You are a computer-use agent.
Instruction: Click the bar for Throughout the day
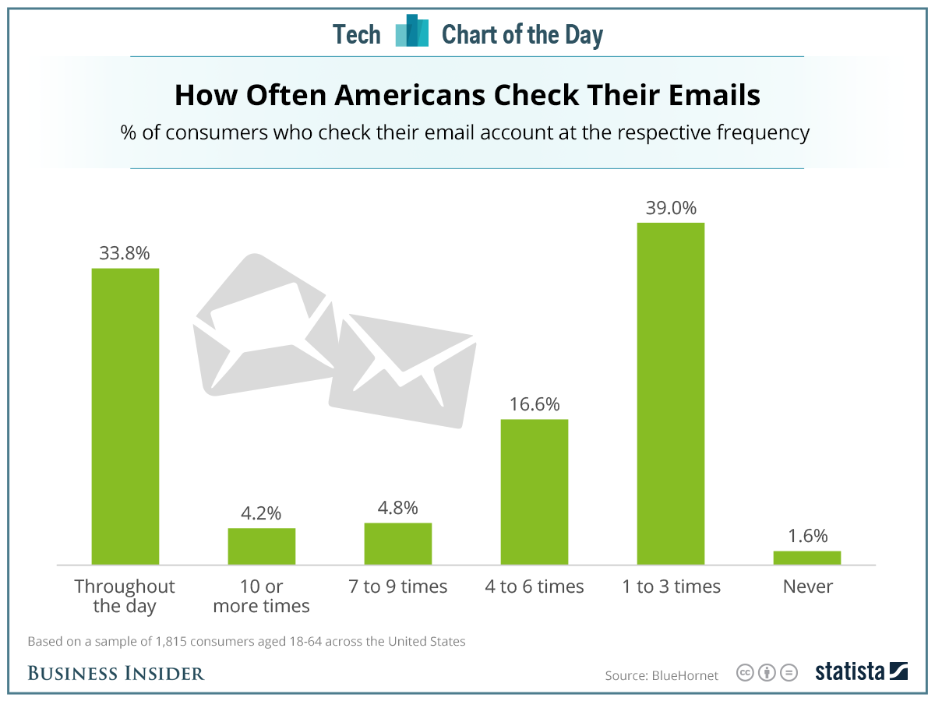(x=125, y=416)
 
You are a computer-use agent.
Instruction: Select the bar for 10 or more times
(x=262, y=546)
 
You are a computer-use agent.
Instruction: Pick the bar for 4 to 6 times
(x=535, y=491)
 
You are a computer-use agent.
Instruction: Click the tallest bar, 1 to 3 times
(x=671, y=393)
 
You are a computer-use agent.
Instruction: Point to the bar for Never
(x=807, y=557)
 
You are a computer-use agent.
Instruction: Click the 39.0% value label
(x=671, y=208)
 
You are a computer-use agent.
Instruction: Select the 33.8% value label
(x=125, y=253)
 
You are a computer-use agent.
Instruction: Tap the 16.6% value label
(x=535, y=404)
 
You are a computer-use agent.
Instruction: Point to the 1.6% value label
(x=807, y=536)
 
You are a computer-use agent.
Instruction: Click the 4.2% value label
(x=262, y=513)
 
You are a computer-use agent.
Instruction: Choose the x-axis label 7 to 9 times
(x=398, y=587)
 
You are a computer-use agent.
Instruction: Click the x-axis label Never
(x=808, y=587)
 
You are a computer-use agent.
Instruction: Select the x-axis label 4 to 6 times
(x=535, y=587)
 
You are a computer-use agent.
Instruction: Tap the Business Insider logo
(x=116, y=673)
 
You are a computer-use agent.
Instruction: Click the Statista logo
(x=862, y=672)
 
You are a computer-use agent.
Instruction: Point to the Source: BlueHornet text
(x=662, y=675)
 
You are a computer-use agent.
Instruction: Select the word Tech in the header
(x=357, y=34)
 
